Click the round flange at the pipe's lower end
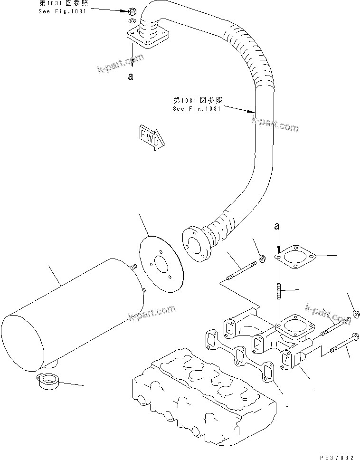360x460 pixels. pos(194,243)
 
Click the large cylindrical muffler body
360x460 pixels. pos(71,314)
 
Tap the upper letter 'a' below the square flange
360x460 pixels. pos(130,76)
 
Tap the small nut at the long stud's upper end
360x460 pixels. pos(262,259)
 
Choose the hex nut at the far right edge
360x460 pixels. pos(356,314)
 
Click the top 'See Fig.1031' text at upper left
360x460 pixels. pos(62,8)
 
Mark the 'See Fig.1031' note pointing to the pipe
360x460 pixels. pos(197,105)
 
